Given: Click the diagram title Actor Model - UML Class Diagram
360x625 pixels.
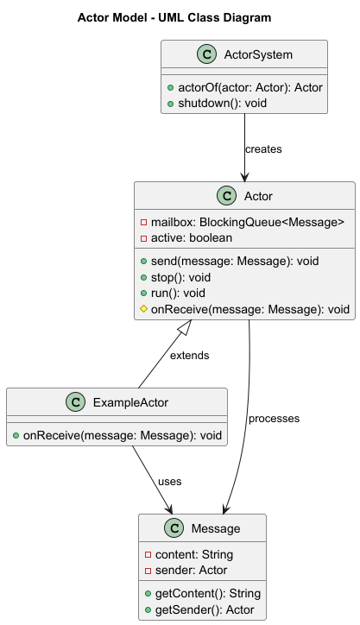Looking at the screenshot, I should click(x=174, y=17).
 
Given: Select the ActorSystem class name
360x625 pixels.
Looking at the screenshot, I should click(x=258, y=54).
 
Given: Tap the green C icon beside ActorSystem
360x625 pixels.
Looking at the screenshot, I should click(x=207, y=54).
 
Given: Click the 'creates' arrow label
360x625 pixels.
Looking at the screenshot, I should click(x=263, y=149).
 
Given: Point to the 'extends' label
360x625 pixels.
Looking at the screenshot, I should click(x=189, y=355).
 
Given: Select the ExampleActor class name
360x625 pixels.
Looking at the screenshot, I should click(x=130, y=402).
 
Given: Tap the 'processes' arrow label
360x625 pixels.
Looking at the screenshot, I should click(x=274, y=419).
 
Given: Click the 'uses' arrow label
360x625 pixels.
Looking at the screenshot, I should click(x=169, y=481).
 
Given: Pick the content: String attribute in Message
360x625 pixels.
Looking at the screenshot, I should click(x=193, y=554).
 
